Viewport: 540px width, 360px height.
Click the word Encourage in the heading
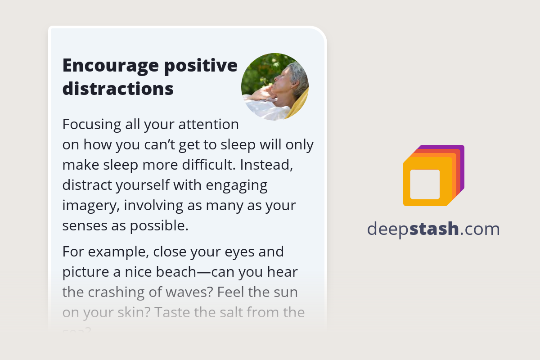click(109, 66)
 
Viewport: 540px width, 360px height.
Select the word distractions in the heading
click(118, 89)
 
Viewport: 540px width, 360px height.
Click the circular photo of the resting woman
click(274, 87)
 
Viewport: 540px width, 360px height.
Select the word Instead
click(267, 165)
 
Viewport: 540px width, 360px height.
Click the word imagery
click(90, 206)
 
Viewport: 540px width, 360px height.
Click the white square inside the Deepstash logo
click(425, 184)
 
